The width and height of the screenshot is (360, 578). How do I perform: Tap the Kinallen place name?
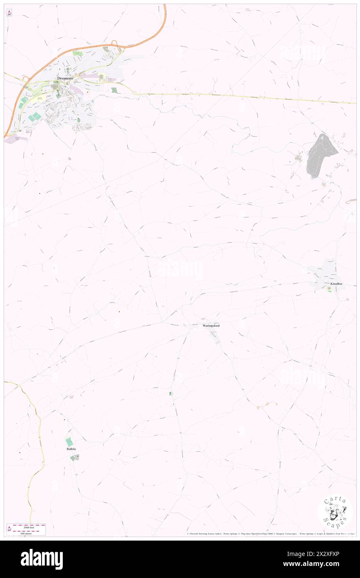pos(336,283)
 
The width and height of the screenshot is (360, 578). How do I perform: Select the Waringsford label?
pos(211,325)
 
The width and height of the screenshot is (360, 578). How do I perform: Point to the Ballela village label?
pos(72,449)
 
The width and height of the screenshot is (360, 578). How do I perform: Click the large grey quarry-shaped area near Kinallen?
pos(321,156)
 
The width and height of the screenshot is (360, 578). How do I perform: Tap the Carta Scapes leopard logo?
pos(335,511)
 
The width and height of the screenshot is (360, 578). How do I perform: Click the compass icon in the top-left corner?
pos(9,13)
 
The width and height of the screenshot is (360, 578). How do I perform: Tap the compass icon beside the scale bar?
pos(9,529)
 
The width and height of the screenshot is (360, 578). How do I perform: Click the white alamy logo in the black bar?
pos(42,559)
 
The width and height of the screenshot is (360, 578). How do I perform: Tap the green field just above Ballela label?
pos(69,442)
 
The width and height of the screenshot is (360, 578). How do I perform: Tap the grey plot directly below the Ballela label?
pos(74,457)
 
